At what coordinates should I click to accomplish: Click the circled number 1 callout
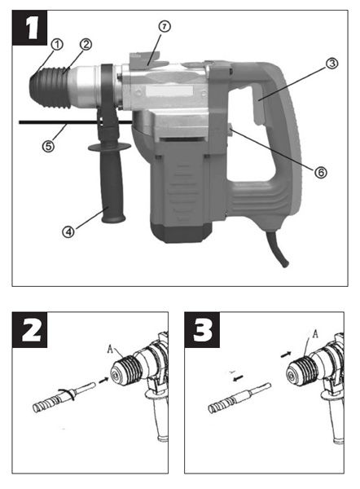[x=57, y=44]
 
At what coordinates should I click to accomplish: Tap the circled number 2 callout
[x=86, y=44]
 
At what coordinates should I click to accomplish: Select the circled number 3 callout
[x=332, y=64]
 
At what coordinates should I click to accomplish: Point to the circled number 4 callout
[x=68, y=231]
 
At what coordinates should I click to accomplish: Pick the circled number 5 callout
[x=48, y=146]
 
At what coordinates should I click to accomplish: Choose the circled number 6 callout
[x=321, y=172]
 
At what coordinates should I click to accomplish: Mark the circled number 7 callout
[x=165, y=27]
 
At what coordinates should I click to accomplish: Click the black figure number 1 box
[x=29, y=28]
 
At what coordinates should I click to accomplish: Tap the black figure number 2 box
[x=29, y=329]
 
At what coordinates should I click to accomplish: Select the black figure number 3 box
[x=202, y=329]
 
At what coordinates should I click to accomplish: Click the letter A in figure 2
[x=110, y=349]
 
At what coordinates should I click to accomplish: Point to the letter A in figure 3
[x=315, y=334]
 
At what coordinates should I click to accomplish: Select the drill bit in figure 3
[x=239, y=399]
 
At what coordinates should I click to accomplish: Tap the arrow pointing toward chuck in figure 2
[x=103, y=380]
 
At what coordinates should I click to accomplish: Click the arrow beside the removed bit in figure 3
[x=239, y=378]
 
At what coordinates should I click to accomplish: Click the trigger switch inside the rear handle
[x=258, y=106]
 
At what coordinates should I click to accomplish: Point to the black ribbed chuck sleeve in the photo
[x=50, y=87]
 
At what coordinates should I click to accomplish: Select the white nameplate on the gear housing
[x=169, y=91]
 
